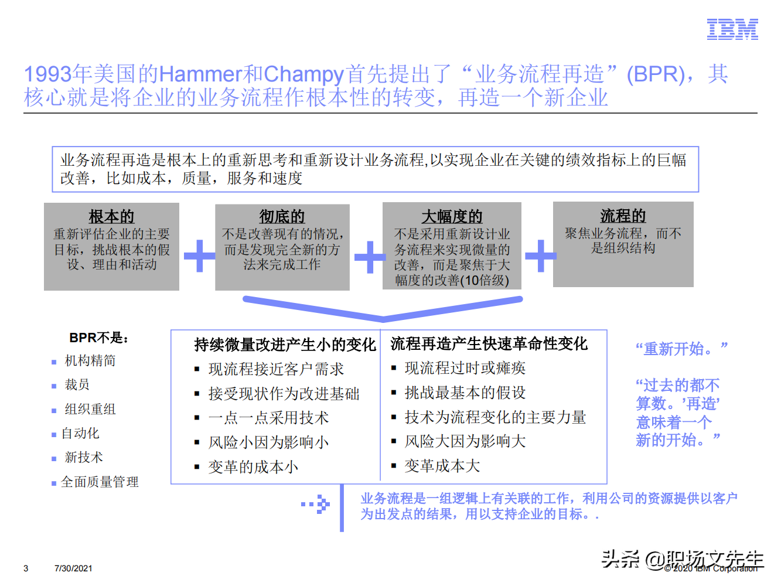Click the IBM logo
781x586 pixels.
(x=732, y=29)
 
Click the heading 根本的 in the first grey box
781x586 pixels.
(x=111, y=217)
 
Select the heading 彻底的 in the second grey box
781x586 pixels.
(x=282, y=217)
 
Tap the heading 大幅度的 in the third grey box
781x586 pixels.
(x=452, y=217)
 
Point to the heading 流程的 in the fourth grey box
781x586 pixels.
(x=623, y=216)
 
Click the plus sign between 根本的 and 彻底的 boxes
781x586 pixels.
(x=199, y=256)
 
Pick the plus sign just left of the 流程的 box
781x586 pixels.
(x=540, y=255)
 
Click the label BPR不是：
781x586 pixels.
(x=99, y=338)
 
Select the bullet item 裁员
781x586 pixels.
(x=77, y=384)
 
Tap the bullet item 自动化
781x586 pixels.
(x=80, y=433)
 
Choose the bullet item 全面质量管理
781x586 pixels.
(x=100, y=482)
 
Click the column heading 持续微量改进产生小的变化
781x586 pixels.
(x=285, y=345)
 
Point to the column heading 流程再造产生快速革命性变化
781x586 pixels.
(x=489, y=343)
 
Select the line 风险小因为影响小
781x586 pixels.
(x=268, y=442)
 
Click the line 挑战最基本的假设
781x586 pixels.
(x=465, y=393)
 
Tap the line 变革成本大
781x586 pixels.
(x=442, y=466)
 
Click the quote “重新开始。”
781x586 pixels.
(x=681, y=349)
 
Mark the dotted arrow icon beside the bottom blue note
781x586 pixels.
(x=316, y=504)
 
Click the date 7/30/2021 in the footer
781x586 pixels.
(x=73, y=568)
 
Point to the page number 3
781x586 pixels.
(x=26, y=568)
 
